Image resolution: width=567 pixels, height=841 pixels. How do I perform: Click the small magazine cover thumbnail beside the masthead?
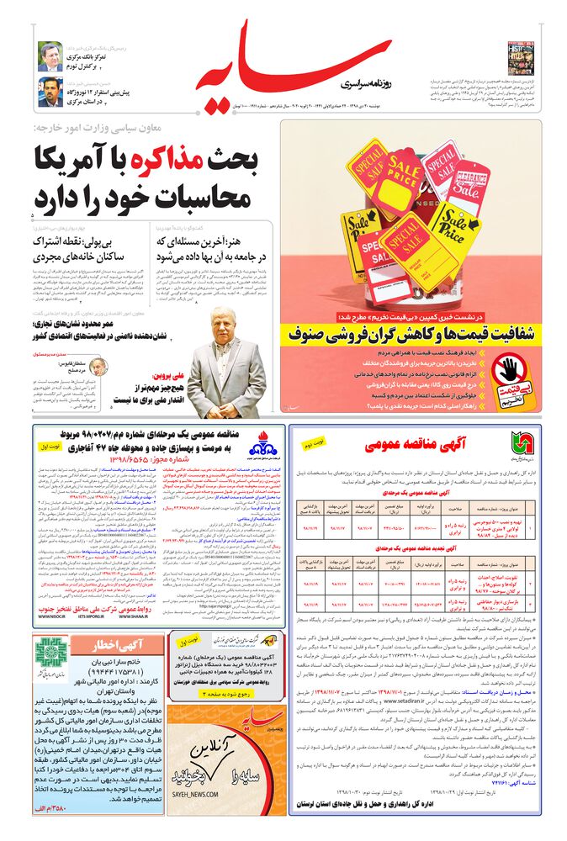(x=521, y=57)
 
